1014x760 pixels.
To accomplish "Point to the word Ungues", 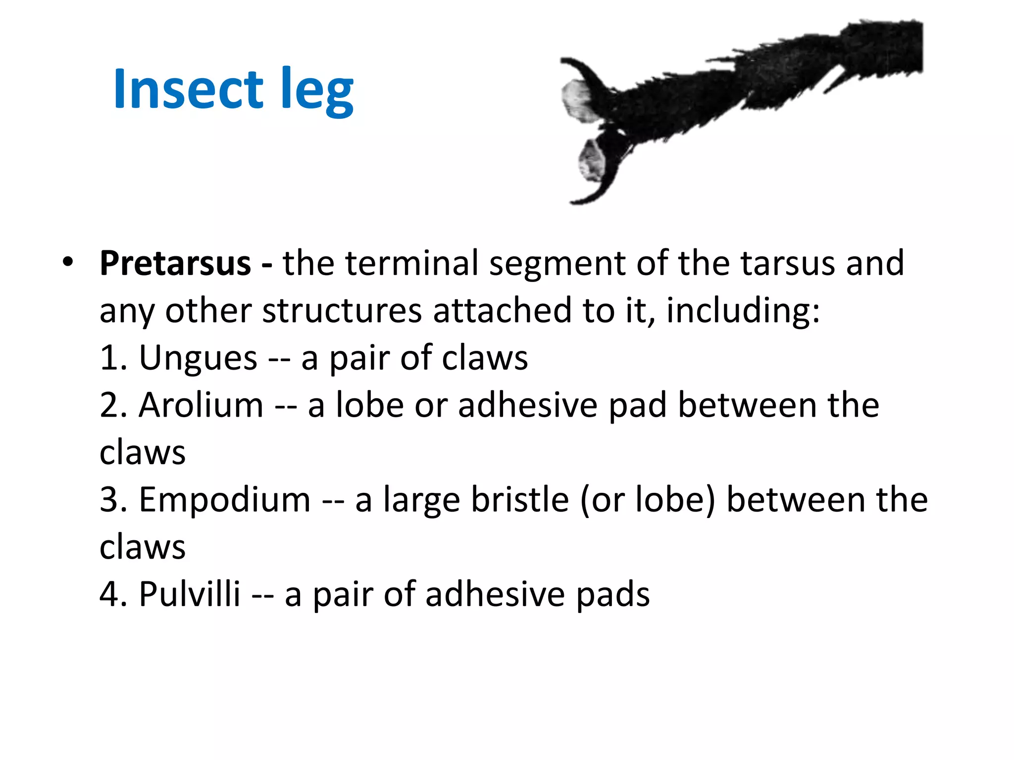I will [198, 358].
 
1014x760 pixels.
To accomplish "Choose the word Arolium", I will [201, 405].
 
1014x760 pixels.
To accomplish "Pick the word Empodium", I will [225, 500].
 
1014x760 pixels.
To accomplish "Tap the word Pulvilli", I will [190, 594].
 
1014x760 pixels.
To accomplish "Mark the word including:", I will [743, 311].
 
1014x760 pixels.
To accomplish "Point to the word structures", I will [342, 311].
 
